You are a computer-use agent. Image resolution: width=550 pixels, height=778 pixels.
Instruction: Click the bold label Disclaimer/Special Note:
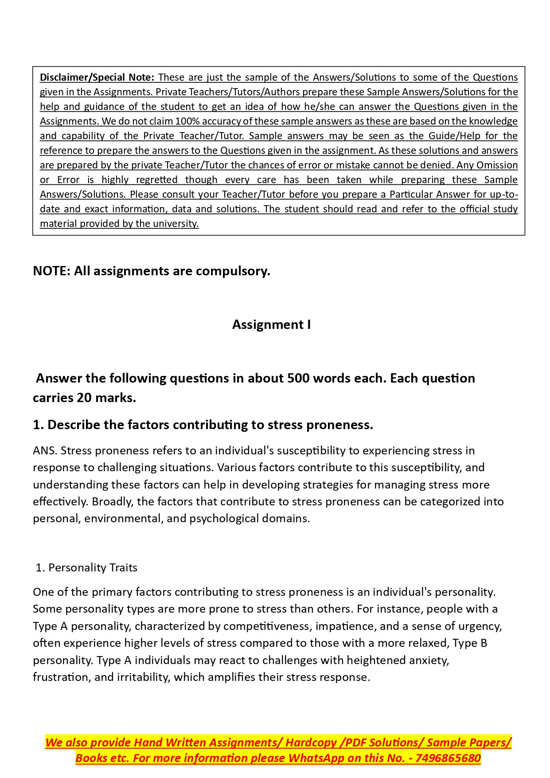[97, 77]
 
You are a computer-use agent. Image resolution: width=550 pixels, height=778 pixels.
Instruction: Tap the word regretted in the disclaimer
[156, 180]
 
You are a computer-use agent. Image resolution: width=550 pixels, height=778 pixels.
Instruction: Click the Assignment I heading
[271, 324]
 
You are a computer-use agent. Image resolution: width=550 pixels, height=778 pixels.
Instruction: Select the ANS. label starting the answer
[45, 450]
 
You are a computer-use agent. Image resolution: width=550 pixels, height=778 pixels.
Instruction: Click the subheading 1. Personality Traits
[86, 567]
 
